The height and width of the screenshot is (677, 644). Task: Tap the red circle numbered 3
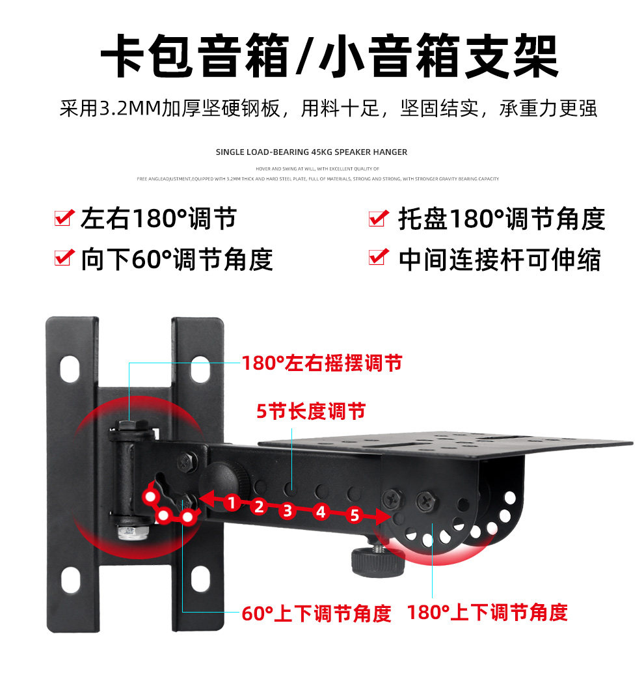[x=288, y=510]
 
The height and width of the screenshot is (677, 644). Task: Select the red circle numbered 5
[x=354, y=516]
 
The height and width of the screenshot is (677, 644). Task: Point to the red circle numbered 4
[x=320, y=512]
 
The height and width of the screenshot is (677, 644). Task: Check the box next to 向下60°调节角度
[x=63, y=258]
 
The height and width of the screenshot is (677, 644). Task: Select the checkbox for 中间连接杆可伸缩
[x=379, y=258]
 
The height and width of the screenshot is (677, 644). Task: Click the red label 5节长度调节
[x=311, y=411]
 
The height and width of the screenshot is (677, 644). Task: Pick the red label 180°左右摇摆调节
[x=322, y=363]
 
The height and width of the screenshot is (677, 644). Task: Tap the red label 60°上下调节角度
[x=316, y=613]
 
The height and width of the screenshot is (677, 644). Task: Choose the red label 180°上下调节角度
[x=487, y=612]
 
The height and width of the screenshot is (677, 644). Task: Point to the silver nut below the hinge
[x=133, y=532]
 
